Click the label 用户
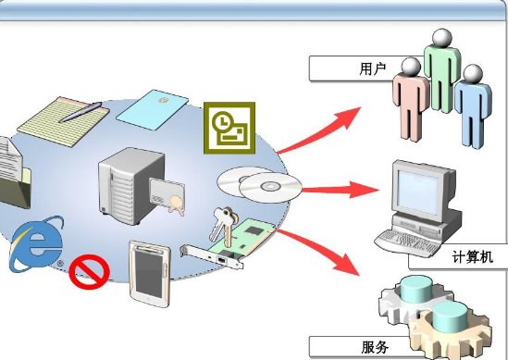[371, 68]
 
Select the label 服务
[374, 348]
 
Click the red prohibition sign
[91, 271]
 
